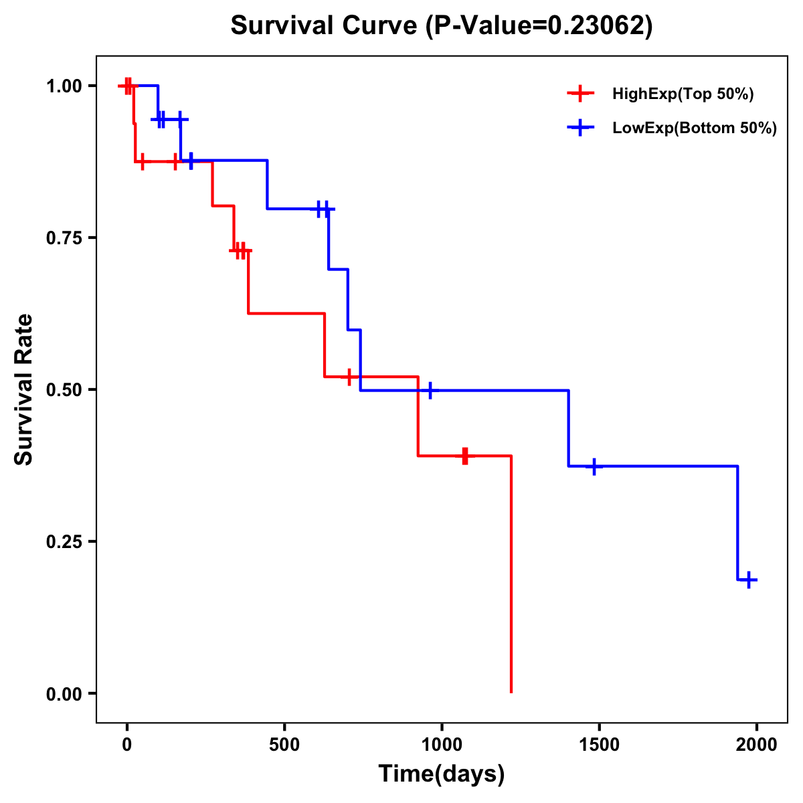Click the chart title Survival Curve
pos(441,25)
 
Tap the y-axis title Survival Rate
pos(24,389)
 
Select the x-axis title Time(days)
pos(441,774)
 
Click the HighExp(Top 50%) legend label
pos(683,94)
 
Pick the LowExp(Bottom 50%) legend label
pos(694,128)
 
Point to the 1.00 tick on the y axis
pos(64,86)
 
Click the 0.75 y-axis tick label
pos(64,238)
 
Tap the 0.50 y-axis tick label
pos(64,389)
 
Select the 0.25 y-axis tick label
pos(64,541)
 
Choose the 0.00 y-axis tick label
pos(64,693)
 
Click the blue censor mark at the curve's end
pos(749,579)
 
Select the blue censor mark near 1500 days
pos(594,466)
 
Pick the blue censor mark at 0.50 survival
pos(430,390)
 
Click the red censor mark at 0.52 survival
pos(349,377)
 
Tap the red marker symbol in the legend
pos(580,94)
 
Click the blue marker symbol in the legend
pos(580,128)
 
